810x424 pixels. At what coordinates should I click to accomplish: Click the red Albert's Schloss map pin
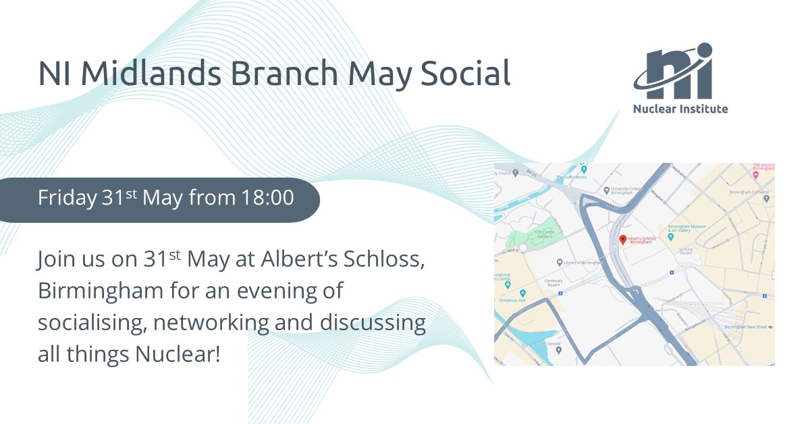(622, 240)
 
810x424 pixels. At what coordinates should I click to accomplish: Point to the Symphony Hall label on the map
(514, 300)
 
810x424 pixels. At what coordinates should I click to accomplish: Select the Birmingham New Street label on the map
(747, 327)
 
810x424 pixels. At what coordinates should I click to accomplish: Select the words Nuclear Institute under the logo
(680, 109)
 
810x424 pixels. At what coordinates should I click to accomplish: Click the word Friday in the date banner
(65, 198)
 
